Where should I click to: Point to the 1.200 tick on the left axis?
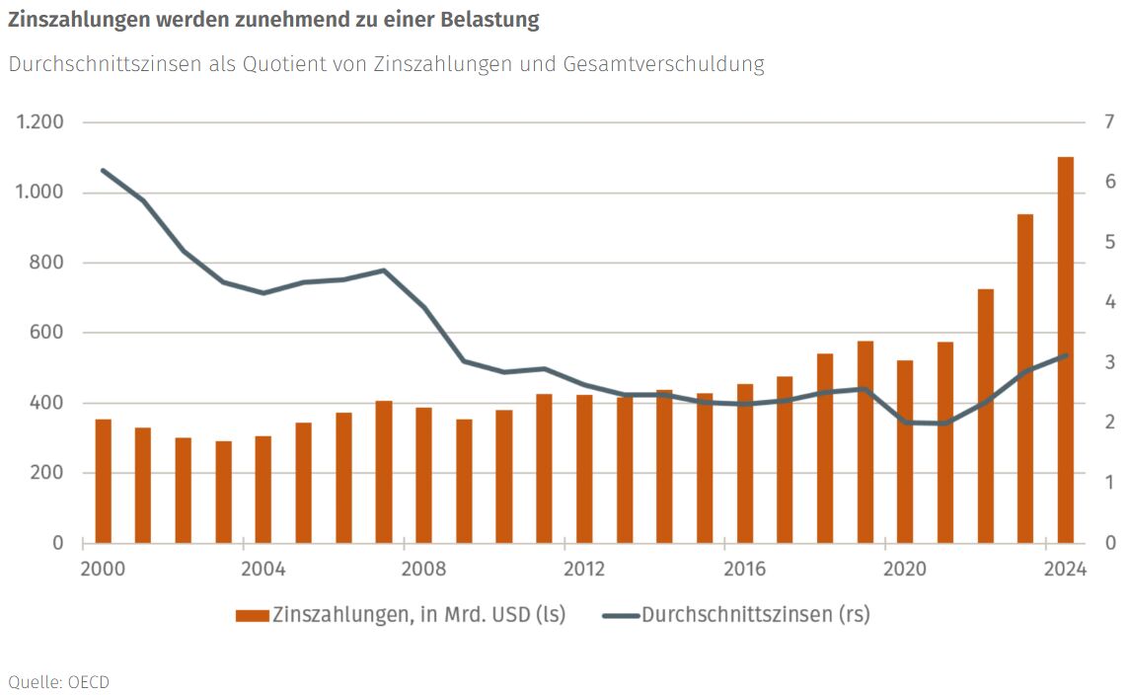39,122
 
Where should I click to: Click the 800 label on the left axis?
45,263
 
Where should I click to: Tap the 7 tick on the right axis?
1110,122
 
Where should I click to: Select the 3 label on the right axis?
1110,362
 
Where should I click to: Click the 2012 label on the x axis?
584,570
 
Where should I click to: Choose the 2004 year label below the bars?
263,570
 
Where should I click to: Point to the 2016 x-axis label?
745,570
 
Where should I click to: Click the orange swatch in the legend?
252,615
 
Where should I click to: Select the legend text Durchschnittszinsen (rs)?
756,615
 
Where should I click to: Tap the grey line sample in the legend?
619,615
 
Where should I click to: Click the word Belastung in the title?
491,20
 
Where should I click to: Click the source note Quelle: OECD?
58,681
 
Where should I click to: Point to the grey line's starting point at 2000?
103,170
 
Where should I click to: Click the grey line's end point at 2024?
1066,355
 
